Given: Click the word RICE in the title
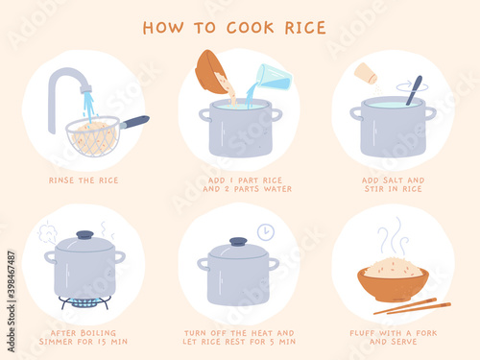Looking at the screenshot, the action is [x=305, y=28].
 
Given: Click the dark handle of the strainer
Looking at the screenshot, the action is [x=135, y=122].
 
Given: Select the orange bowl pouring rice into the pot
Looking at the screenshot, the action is [x=211, y=73].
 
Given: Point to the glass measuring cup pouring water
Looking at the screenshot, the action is [x=276, y=77].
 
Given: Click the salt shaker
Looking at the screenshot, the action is [x=366, y=73].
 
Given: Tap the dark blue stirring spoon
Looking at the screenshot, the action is [x=415, y=90].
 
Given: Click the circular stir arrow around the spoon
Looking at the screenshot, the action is [x=412, y=86].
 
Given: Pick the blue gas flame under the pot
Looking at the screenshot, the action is [x=84, y=301].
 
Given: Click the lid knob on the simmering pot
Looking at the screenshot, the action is [x=85, y=235].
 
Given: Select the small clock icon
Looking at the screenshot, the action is [x=266, y=232].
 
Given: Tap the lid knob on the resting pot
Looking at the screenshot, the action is [x=238, y=242].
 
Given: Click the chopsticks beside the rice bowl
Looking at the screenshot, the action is [x=413, y=306].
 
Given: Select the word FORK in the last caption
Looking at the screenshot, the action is [x=426, y=333].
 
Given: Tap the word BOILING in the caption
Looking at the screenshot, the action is [x=98, y=333].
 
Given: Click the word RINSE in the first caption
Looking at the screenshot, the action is [x=61, y=180].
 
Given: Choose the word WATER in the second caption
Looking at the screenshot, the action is [x=277, y=189].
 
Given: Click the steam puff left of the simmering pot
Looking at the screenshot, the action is [x=47, y=232].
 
